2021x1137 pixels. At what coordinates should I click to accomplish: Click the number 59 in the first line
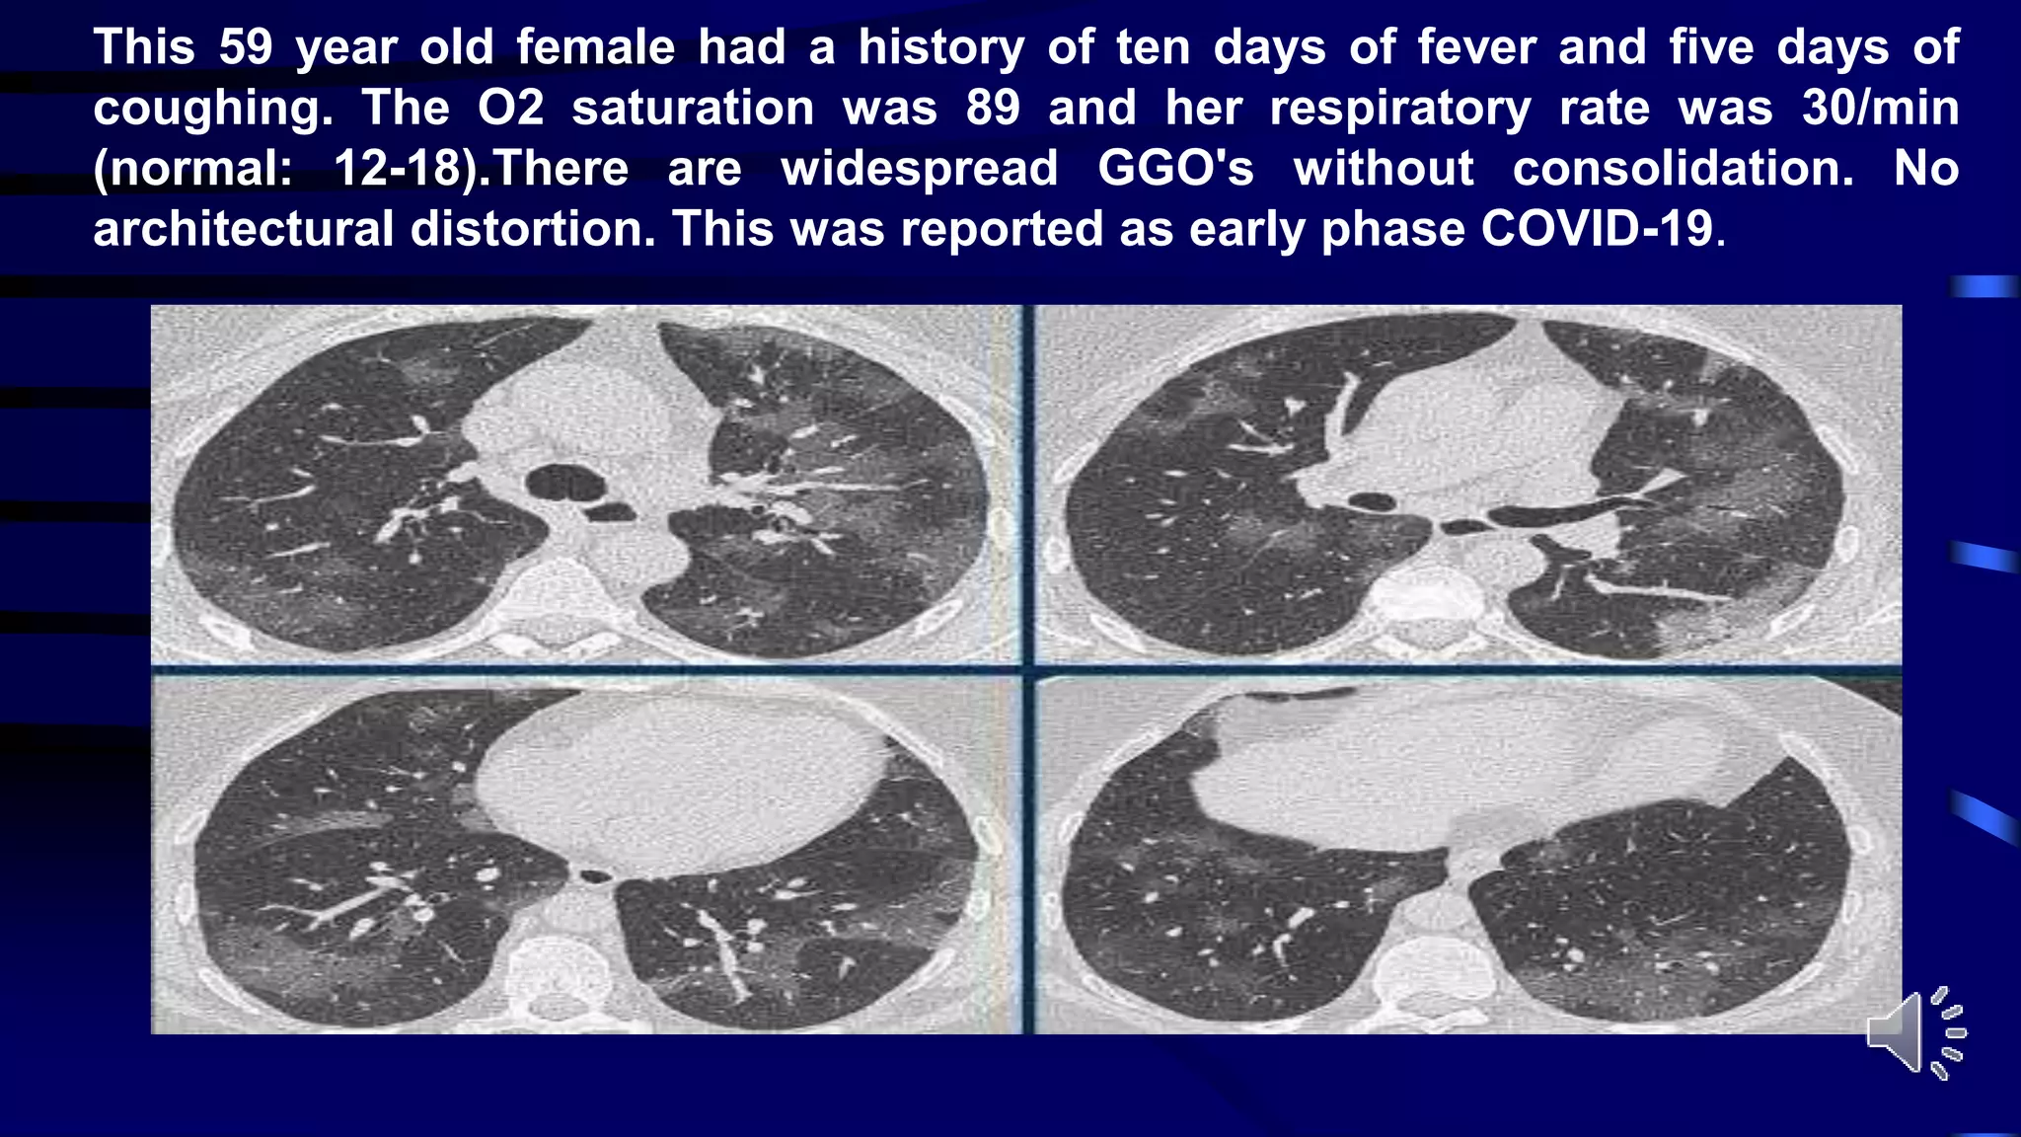click(245, 47)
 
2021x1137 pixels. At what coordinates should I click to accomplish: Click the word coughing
click(213, 109)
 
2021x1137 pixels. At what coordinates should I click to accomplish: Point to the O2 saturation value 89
click(993, 108)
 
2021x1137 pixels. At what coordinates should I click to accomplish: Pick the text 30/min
click(1880, 108)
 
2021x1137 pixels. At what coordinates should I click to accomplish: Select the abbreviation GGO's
click(1175, 169)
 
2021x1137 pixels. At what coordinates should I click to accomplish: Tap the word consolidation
click(1684, 169)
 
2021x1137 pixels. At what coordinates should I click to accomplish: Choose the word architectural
click(243, 229)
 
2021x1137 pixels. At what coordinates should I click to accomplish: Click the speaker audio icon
click(1915, 1032)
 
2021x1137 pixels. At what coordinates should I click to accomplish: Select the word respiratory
click(1399, 108)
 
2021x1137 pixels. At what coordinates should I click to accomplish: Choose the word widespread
click(919, 169)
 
